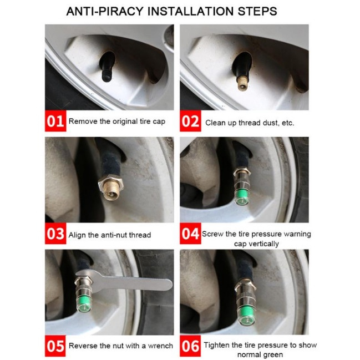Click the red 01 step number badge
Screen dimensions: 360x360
coord(55,121)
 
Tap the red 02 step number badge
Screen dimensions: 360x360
coord(190,121)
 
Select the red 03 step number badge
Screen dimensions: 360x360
coord(55,234)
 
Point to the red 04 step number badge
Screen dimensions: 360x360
coord(190,234)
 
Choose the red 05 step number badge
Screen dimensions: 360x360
coord(55,346)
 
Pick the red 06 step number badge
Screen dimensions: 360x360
coord(190,346)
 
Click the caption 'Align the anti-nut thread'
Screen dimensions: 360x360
coord(109,235)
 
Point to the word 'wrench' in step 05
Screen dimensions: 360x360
coord(160,346)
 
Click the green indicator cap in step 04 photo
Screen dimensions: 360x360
coord(242,196)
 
